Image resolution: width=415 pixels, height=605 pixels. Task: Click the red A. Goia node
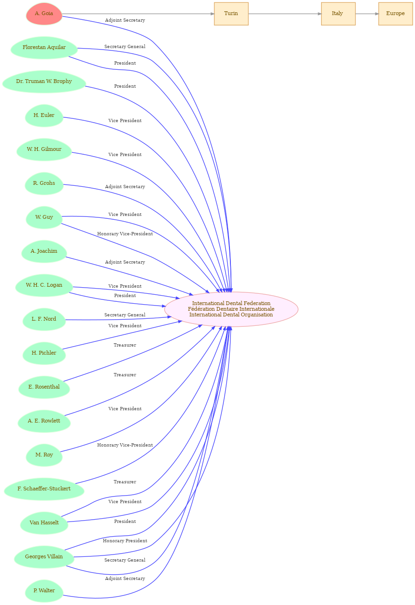(44, 14)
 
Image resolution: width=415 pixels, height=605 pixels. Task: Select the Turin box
(231, 14)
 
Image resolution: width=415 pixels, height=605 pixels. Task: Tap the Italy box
(338, 14)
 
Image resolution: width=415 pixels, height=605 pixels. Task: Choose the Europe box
(396, 14)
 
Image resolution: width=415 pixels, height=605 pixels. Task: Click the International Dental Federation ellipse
(231, 309)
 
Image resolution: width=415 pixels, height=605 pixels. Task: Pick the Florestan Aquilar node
(44, 48)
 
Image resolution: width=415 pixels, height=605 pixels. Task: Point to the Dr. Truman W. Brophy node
(44, 82)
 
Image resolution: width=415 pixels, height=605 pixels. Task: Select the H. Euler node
(44, 116)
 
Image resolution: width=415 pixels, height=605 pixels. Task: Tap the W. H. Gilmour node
(44, 149)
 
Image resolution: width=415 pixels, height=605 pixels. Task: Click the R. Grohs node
(44, 183)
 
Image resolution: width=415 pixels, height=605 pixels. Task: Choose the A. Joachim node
(44, 251)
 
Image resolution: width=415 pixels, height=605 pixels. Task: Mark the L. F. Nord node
(44, 319)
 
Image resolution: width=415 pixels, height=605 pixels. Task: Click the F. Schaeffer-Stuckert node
(44, 489)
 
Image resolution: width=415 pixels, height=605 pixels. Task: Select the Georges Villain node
(44, 557)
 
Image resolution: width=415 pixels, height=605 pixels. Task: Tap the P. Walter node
(44, 591)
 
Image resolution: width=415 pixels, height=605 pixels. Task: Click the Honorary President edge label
(125, 541)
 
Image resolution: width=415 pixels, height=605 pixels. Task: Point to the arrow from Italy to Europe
(367, 14)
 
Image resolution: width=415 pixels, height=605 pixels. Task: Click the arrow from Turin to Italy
(285, 14)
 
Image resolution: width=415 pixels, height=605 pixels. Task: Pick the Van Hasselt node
(44, 523)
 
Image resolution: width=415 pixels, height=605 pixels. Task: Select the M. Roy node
(44, 455)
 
